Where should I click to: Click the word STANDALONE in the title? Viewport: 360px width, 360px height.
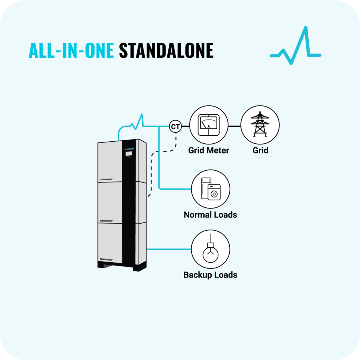click(x=166, y=51)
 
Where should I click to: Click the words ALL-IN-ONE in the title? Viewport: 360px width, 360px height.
click(x=71, y=51)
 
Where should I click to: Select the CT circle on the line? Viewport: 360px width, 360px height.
click(x=175, y=126)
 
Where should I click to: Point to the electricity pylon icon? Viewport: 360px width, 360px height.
click(x=260, y=125)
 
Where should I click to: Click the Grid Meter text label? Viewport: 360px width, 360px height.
click(x=208, y=150)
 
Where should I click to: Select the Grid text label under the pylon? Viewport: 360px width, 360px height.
click(x=261, y=150)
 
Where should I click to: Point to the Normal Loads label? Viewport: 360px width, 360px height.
click(x=210, y=214)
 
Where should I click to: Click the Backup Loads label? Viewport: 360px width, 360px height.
click(x=210, y=275)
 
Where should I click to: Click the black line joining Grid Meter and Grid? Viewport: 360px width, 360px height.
click(x=234, y=126)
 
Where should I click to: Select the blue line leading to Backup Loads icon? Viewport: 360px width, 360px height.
click(x=169, y=249)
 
